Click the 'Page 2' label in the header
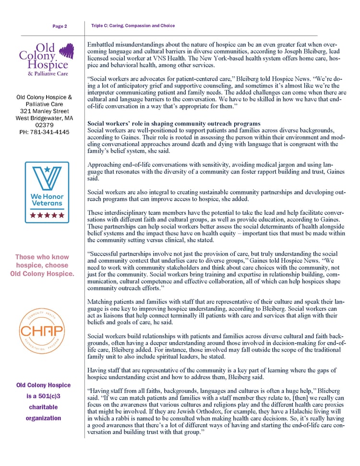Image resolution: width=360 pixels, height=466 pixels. [x=60, y=26]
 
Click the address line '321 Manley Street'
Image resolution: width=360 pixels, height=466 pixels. [x=44, y=111]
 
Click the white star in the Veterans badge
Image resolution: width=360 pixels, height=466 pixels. [x=47, y=169]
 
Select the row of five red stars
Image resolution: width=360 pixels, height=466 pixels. [x=47, y=215]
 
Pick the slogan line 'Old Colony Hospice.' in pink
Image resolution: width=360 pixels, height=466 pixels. [x=42, y=274]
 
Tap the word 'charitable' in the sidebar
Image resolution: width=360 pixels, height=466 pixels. [x=43, y=407]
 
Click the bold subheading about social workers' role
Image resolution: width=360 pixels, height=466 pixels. [x=174, y=123]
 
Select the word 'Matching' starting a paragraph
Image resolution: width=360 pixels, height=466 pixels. [x=102, y=301]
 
